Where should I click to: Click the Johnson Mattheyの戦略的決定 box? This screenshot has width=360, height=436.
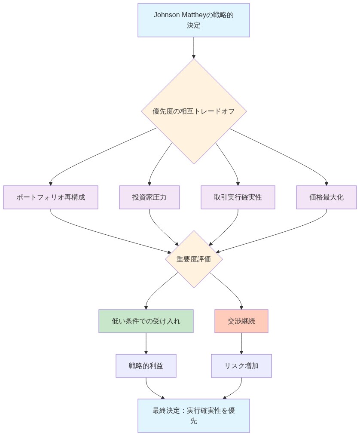[193, 20]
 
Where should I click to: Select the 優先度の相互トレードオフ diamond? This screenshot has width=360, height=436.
[194, 111]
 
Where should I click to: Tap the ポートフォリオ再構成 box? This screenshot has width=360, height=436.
[51, 197]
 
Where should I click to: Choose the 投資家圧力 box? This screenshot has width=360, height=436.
[149, 197]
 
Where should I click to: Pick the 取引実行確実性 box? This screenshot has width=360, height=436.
[238, 197]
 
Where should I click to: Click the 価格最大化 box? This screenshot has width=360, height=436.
[326, 197]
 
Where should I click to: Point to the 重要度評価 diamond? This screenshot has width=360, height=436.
[194, 259]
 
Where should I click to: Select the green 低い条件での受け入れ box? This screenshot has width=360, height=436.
[146, 321]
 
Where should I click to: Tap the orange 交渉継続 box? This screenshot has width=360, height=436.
[241, 321]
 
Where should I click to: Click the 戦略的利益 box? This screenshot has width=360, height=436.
[146, 366]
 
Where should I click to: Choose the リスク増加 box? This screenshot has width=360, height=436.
[241, 366]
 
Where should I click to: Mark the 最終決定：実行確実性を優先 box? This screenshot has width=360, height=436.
[193, 415]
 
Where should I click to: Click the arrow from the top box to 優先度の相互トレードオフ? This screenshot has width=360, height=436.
[194, 47]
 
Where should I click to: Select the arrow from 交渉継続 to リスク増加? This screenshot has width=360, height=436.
[241, 343]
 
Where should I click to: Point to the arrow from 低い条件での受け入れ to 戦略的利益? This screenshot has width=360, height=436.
[146, 343]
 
